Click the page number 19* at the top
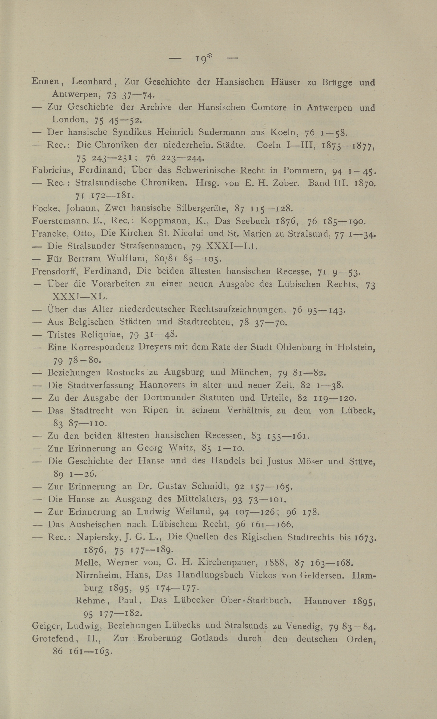(203, 59)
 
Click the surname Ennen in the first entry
(45, 82)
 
